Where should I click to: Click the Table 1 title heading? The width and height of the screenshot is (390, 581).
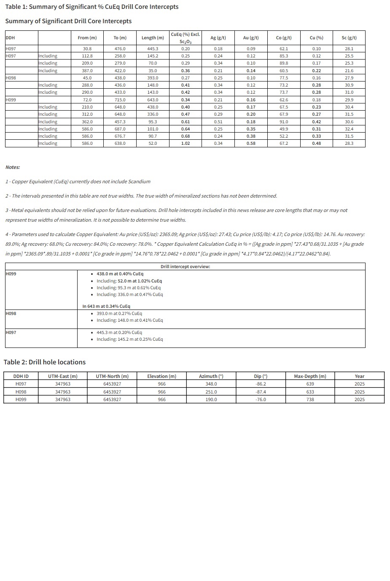tap(91, 7)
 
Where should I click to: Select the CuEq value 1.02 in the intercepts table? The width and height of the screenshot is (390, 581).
tap(186, 144)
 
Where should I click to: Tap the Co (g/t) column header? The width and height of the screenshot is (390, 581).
tap(284, 38)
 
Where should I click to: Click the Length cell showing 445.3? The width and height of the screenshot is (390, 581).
tap(153, 49)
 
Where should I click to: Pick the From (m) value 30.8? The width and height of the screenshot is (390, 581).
tap(87, 49)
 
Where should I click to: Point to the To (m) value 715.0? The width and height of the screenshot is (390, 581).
tap(120, 100)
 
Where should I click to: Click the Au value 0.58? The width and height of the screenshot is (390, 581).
tap(251, 144)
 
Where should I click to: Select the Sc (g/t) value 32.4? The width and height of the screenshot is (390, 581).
tap(349, 129)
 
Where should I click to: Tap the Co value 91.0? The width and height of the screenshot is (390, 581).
tap(284, 122)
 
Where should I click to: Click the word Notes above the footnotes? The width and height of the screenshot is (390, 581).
tap(13, 167)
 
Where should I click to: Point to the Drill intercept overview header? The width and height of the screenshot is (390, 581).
tap(185, 267)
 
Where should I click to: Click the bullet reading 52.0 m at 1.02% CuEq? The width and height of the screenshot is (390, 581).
tap(129, 281)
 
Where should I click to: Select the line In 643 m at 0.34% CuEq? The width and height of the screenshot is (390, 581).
tap(106, 307)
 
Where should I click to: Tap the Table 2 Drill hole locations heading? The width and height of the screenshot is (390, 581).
tap(45, 362)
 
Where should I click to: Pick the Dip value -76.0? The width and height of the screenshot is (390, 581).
tap(261, 399)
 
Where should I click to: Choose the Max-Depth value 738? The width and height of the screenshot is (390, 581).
tap(310, 399)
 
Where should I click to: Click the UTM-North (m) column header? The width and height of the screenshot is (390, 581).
tap(112, 376)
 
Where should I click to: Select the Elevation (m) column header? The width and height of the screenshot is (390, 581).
tap(161, 376)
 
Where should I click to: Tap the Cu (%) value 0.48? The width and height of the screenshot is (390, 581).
tap(316, 144)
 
